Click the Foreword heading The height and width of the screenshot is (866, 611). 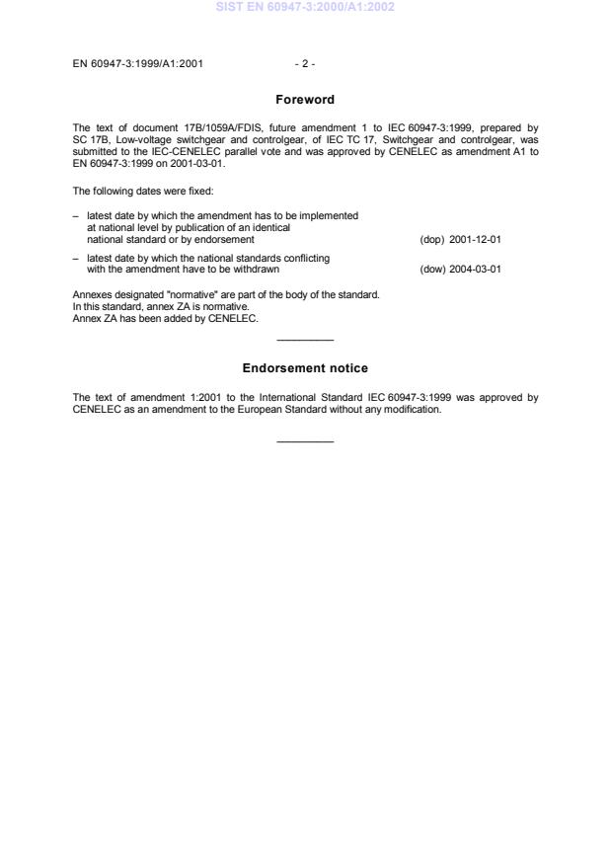pyautogui.click(x=305, y=100)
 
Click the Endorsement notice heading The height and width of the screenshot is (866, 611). pyautogui.click(x=305, y=368)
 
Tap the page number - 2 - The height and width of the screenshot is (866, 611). pyautogui.click(x=305, y=64)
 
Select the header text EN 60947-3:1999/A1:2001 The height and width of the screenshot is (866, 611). pyautogui.click(x=138, y=64)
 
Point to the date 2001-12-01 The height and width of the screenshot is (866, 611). pyautogui.click(x=476, y=240)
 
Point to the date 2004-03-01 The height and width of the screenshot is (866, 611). pyautogui.click(x=476, y=269)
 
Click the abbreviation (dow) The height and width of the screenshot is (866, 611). pyautogui.click(x=432, y=269)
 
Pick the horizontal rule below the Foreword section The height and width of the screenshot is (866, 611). pyautogui.click(x=305, y=341)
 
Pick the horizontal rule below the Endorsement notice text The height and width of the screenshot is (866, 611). pyautogui.click(x=305, y=440)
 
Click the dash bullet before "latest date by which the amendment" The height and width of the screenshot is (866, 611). pyautogui.click(x=76, y=215)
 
